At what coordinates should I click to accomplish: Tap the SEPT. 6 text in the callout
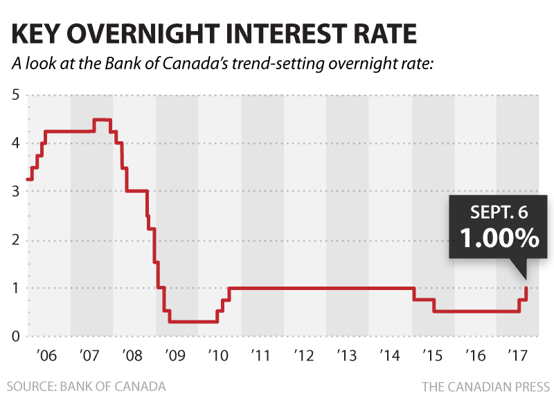(x=500, y=211)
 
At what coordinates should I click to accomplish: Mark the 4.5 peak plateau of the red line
(x=102, y=120)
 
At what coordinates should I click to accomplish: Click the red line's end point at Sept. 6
(x=527, y=287)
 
